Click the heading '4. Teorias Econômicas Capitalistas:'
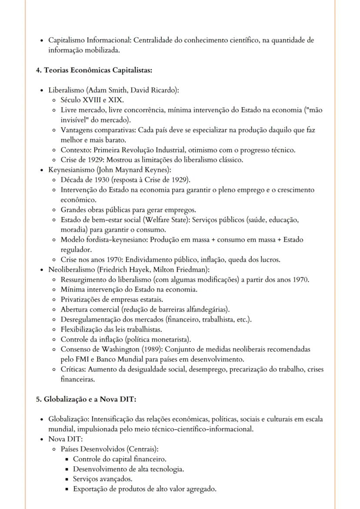[93, 70]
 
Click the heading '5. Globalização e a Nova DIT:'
[86, 399]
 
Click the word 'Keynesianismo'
[71, 170]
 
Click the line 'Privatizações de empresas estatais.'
[112, 299]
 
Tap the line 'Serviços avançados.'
[103, 479]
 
